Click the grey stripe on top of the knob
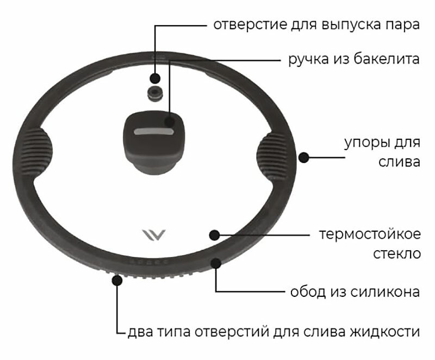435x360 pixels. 156,132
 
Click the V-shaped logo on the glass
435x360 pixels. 153,235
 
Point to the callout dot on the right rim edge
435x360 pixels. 304,158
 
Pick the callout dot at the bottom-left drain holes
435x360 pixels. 116,280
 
